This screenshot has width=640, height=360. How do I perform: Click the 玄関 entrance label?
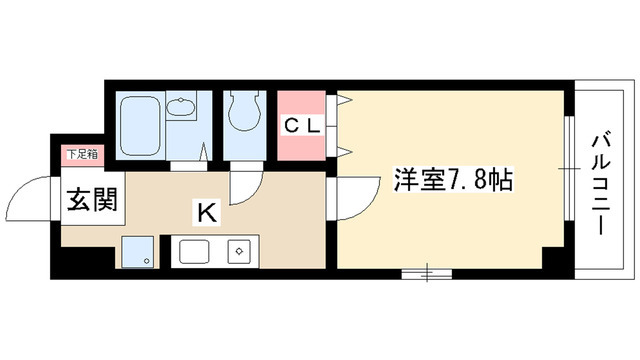pos(93,201)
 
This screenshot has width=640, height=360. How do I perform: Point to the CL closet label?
pos(300,126)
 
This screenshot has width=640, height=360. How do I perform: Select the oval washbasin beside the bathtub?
pos(182,108)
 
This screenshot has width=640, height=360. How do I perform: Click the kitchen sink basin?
pos(196,251)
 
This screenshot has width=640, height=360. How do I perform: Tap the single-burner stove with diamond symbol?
pos(240,251)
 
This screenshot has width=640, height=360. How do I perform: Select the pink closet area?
pos(300,127)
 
